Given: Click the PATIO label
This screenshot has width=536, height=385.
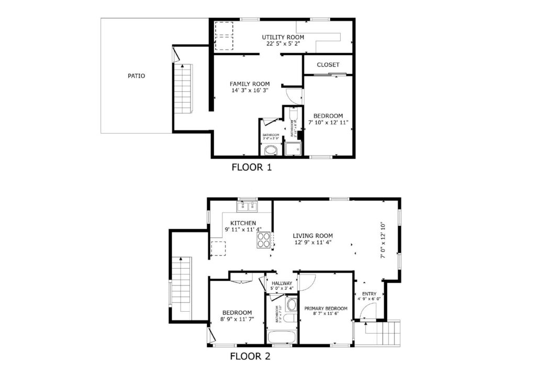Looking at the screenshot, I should [x=136, y=76].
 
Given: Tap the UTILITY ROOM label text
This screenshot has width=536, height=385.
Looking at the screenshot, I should [x=283, y=37].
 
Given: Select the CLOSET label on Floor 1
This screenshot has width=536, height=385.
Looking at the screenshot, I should [x=328, y=65].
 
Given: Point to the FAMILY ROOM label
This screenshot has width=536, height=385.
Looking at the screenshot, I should [x=250, y=84].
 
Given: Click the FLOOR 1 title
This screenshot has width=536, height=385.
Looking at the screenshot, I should [x=251, y=168].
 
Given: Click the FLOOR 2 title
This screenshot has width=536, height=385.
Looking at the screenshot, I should [x=250, y=357].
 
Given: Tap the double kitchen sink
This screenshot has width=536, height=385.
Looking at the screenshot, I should [x=247, y=206].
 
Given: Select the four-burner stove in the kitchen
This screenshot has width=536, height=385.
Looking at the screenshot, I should [x=264, y=239].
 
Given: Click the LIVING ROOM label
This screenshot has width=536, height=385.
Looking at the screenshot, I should [x=312, y=236].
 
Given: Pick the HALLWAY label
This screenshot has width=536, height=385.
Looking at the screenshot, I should [x=282, y=283].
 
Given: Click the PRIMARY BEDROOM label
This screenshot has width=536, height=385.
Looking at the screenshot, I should [x=326, y=309].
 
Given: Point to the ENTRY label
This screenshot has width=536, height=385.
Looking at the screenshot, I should [x=369, y=294].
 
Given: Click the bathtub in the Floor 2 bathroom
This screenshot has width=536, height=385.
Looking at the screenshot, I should [x=281, y=337].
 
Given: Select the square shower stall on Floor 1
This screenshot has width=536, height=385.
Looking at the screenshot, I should [x=293, y=149].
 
